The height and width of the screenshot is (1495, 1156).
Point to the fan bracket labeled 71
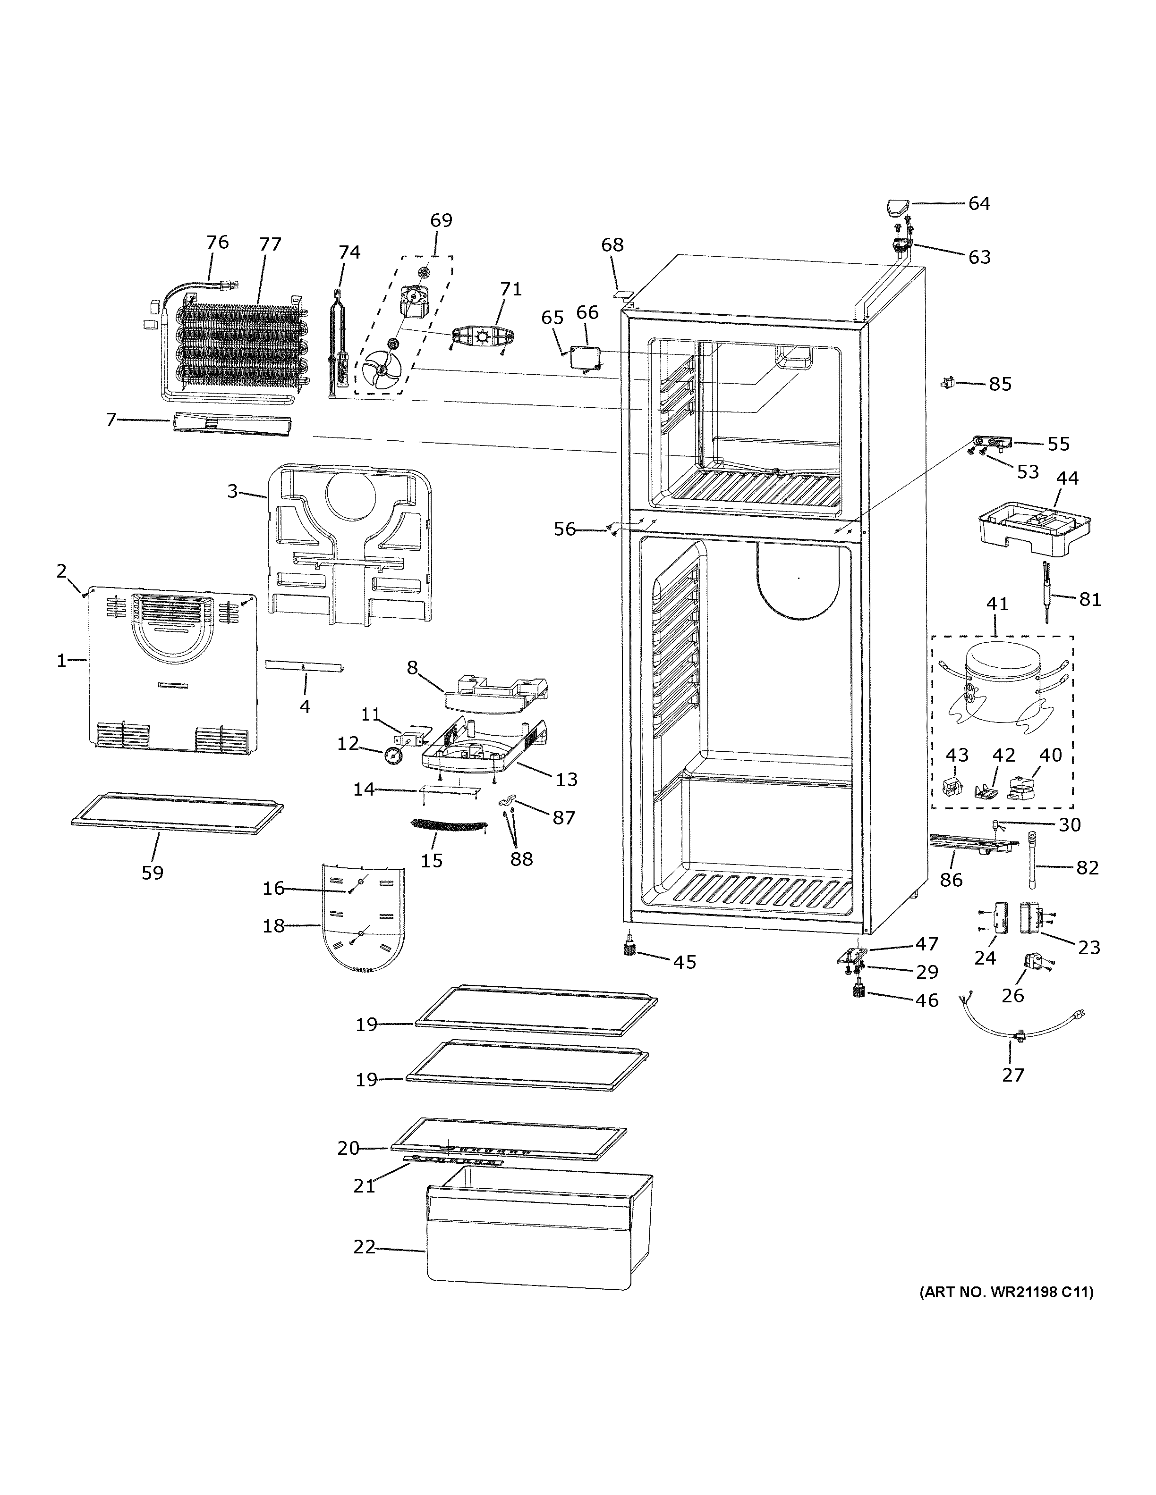pos(484,337)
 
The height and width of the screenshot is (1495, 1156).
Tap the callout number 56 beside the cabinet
pos(565,529)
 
